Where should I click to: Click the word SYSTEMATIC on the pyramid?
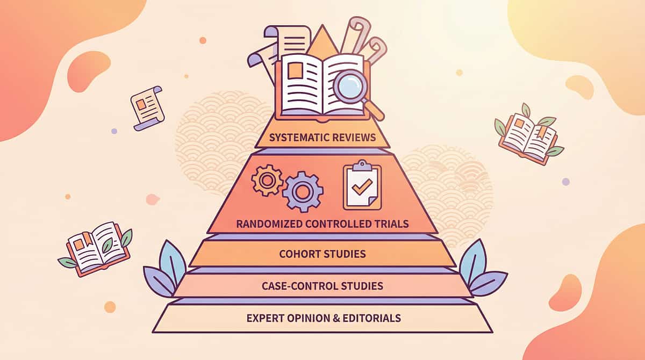[296, 138]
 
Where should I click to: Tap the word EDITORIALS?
[373, 318]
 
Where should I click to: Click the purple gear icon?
[303, 192]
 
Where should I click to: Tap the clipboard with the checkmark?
[362, 186]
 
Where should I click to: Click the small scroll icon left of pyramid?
[147, 107]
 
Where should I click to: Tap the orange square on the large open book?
[295, 72]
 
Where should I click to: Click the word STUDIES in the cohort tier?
[345, 254]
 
